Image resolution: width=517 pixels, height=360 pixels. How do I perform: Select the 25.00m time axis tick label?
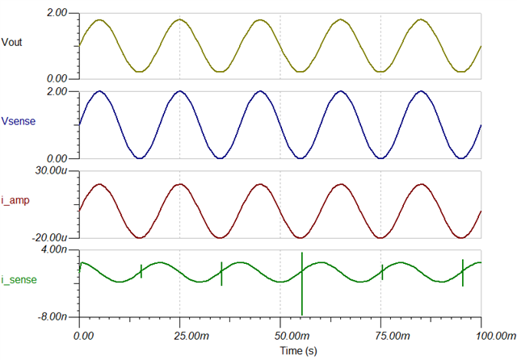pyautogui.click(x=180, y=333)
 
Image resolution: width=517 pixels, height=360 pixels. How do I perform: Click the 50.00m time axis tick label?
pyautogui.click(x=280, y=333)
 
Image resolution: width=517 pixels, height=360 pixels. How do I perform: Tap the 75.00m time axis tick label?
pyautogui.click(x=381, y=333)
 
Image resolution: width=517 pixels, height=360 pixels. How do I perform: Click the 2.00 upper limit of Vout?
pyautogui.click(x=62, y=14)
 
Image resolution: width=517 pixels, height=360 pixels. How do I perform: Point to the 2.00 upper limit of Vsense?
pyautogui.click(x=62, y=93)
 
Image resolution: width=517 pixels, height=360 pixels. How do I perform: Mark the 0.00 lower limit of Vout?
pyautogui.click(x=62, y=77)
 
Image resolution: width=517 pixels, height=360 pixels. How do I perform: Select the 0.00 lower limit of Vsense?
pyautogui.click(x=62, y=158)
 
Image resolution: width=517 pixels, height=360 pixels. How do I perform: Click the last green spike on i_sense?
pyautogui.click(x=462, y=273)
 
